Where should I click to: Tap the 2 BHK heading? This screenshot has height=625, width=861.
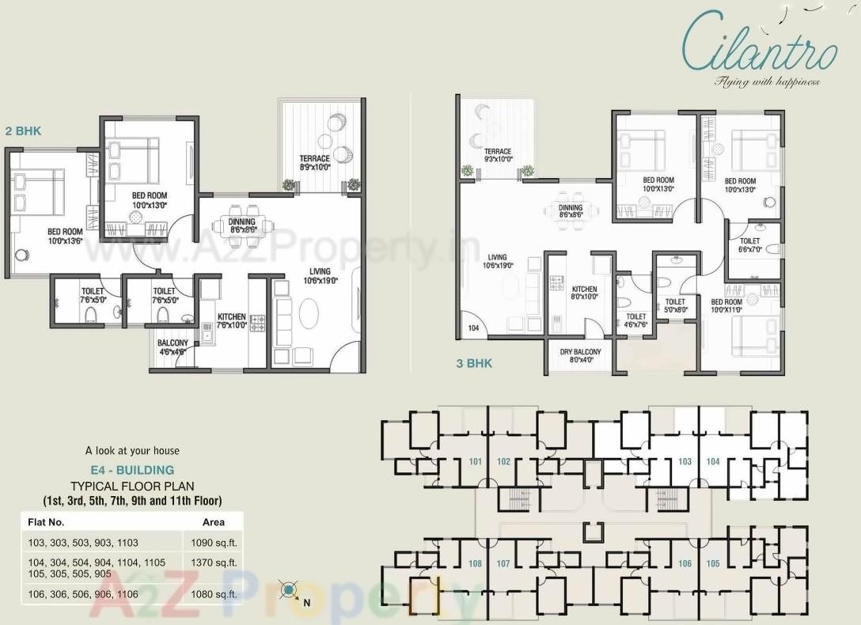[23, 131]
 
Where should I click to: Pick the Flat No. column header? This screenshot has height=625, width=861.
[46, 522]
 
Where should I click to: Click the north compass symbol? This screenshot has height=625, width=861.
[290, 590]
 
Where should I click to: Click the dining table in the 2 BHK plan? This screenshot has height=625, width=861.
[241, 226]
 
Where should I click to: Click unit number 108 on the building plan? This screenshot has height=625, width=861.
[475, 564]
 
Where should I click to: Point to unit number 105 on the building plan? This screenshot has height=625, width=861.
[713, 564]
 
